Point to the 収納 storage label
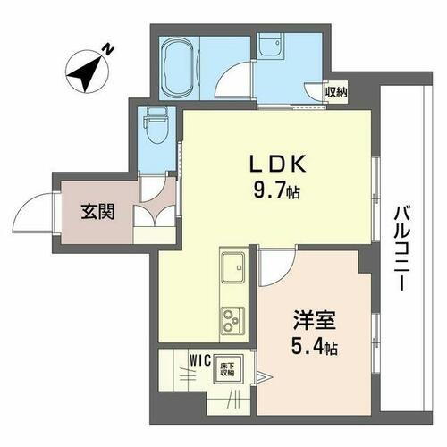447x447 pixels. pyautogui.click(x=336, y=91)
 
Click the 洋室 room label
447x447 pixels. pyautogui.click(x=313, y=318)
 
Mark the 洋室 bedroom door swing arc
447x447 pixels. pyautogui.click(x=279, y=261)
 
